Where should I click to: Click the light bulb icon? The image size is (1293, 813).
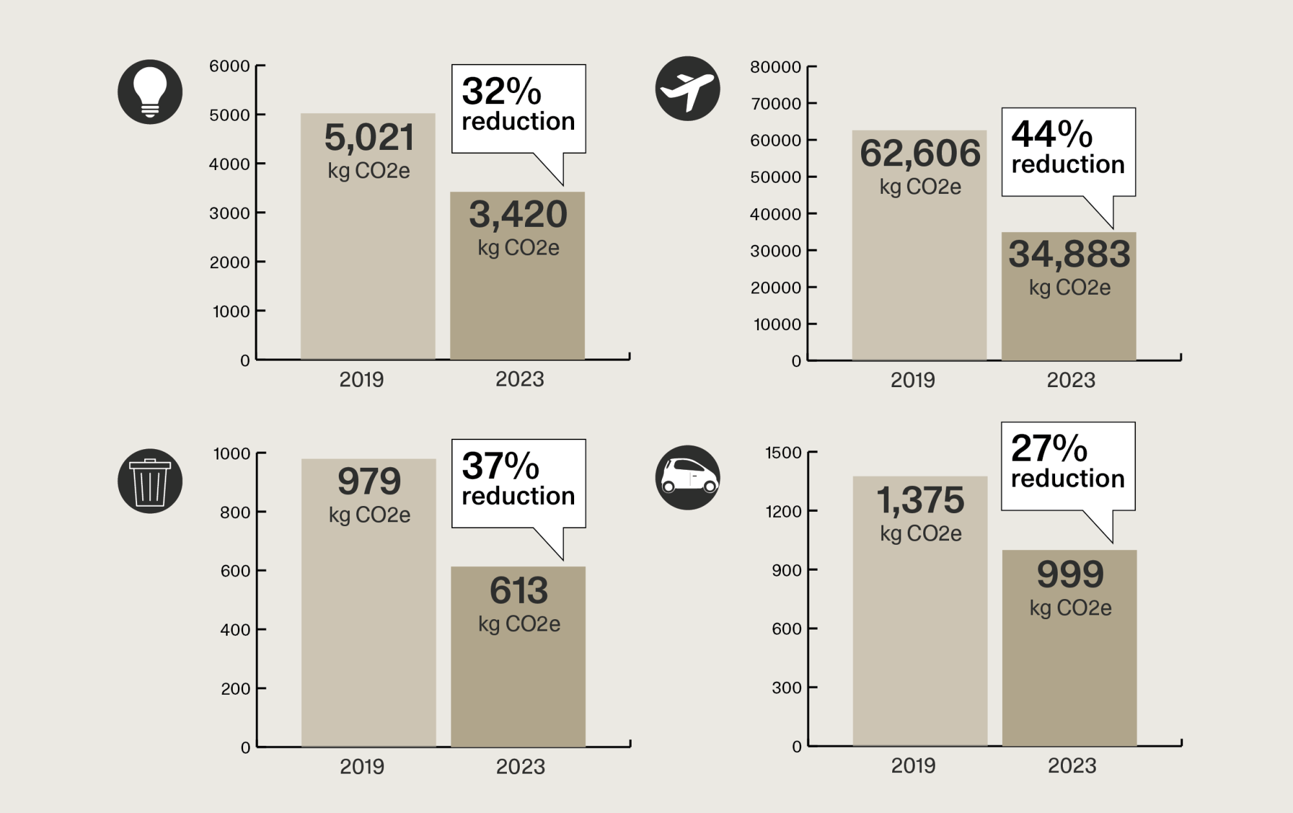pos(150,92)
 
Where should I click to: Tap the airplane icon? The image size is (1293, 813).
pos(687,89)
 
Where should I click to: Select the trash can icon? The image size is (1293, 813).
pos(150,481)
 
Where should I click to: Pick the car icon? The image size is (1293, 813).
pos(687,478)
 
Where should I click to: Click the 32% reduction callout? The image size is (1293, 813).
pos(518,108)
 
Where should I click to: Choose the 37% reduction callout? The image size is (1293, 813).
pos(518,483)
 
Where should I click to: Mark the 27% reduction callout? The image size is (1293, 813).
pos(1068,465)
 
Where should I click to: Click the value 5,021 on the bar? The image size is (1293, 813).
pos(369,138)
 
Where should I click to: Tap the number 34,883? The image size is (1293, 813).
pos(1069,254)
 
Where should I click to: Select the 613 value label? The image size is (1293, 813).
pos(518,591)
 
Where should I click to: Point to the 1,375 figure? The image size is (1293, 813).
pos(920,500)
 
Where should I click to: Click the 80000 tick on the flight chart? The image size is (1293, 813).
pos(775,67)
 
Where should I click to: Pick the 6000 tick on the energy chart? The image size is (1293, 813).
pos(229,66)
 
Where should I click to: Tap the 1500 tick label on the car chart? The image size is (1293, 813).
pos(783,453)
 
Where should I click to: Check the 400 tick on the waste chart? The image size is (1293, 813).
pos(235,630)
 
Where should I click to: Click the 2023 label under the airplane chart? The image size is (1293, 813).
pos(1071,380)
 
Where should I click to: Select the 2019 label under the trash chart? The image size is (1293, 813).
pos(362,767)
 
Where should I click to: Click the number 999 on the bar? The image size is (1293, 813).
pos(1070,575)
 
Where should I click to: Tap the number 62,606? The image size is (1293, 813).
pos(920,153)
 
